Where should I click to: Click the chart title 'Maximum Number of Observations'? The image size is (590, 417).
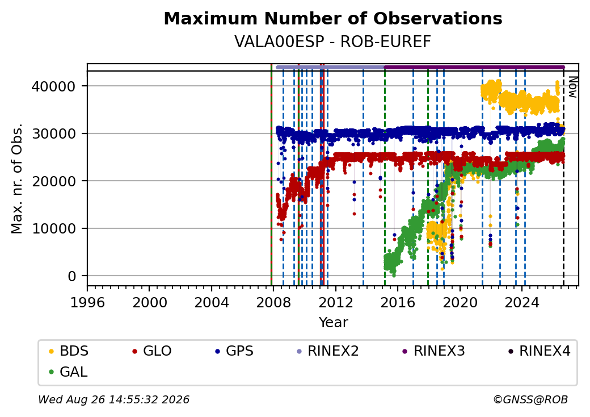(333, 18)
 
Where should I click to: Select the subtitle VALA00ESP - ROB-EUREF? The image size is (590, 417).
(332, 42)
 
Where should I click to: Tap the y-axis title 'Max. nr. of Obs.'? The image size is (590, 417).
(17, 178)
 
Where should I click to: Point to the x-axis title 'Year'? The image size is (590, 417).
(334, 323)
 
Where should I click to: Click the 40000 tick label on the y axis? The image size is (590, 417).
(53, 87)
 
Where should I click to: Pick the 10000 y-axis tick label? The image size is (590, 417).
(53, 228)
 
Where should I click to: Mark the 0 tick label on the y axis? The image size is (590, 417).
(72, 276)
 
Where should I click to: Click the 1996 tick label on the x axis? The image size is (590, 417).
(87, 302)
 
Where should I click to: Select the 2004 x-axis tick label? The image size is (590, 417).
(212, 302)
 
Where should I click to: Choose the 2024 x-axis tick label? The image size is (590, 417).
(522, 302)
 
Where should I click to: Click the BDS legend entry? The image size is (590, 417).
(69, 351)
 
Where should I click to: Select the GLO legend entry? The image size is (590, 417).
(152, 351)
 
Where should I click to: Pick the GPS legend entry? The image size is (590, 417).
(234, 351)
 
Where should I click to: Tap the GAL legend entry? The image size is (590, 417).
(69, 372)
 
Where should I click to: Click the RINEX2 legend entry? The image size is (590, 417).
(328, 351)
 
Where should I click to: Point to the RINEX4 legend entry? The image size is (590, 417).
(539, 351)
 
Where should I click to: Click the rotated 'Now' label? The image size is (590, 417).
(572, 87)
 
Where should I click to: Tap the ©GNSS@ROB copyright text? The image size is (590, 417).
(530, 399)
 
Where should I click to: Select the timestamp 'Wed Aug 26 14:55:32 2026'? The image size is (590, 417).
(114, 399)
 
